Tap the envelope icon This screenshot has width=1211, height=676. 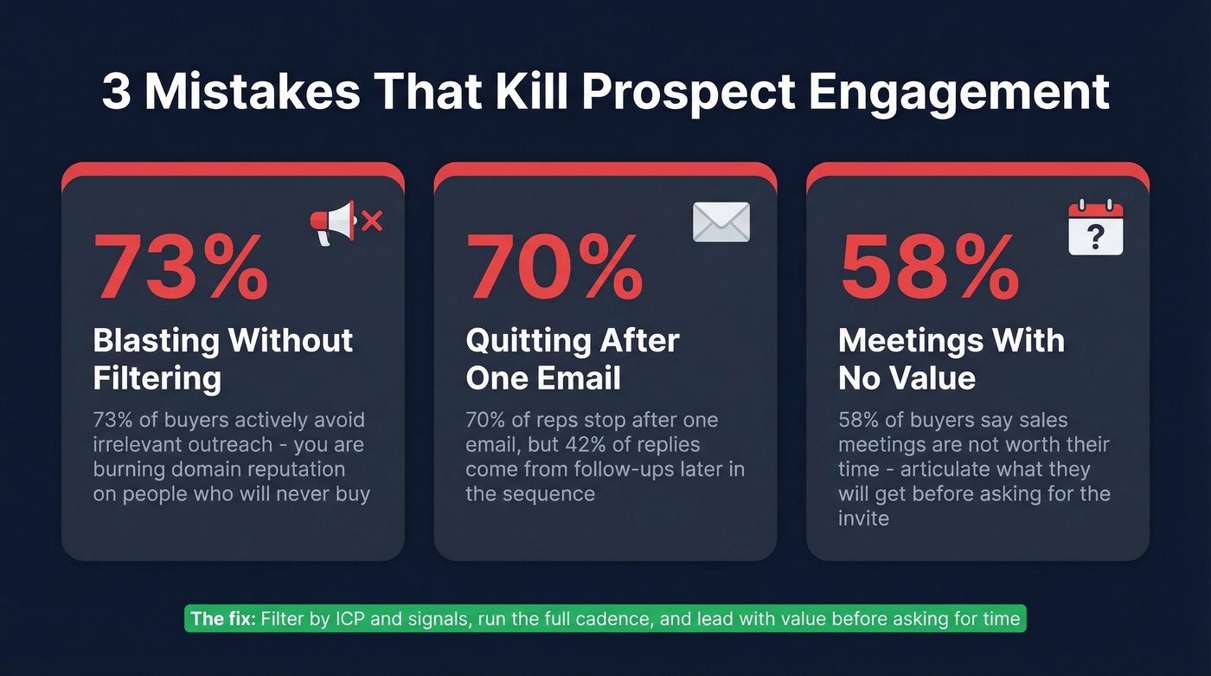click(x=721, y=222)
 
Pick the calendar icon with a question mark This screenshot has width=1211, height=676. click(x=1095, y=228)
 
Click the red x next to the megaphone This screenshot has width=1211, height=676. click(x=372, y=222)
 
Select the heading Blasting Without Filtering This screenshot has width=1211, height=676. click(x=222, y=358)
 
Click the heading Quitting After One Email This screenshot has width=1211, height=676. click(x=572, y=358)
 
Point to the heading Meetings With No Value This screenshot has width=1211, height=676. click(x=951, y=358)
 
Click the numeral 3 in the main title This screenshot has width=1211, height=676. click(x=116, y=93)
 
